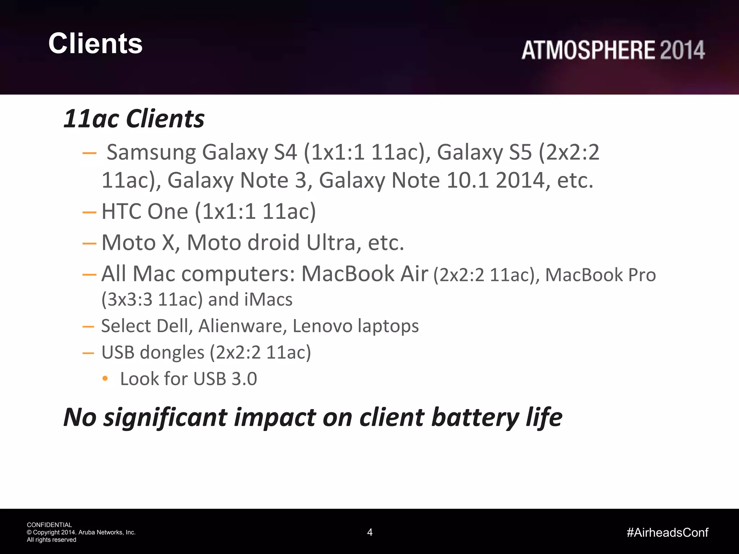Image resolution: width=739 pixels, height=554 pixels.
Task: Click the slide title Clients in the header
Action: (x=96, y=43)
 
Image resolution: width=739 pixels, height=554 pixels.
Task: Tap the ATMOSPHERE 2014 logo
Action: (x=613, y=50)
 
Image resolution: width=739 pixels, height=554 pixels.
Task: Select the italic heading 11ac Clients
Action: (x=134, y=119)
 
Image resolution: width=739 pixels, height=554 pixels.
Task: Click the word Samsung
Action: (x=151, y=153)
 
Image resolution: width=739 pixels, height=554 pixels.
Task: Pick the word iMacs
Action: (x=268, y=300)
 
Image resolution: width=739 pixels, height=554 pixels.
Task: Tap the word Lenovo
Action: (x=322, y=326)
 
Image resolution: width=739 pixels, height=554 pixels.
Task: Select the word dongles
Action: (x=172, y=352)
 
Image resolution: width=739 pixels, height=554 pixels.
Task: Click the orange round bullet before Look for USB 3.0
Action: (x=105, y=378)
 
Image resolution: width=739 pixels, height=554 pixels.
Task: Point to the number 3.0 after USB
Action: (x=244, y=379)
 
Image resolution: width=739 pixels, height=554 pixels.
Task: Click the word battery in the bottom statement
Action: (x=475, y=418)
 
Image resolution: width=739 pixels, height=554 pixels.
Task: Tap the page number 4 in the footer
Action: (x=370, y=532)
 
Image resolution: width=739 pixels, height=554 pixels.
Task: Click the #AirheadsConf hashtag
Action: (x=668, y=532)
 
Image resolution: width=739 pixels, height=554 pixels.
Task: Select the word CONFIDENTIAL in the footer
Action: (x=49, y=525)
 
